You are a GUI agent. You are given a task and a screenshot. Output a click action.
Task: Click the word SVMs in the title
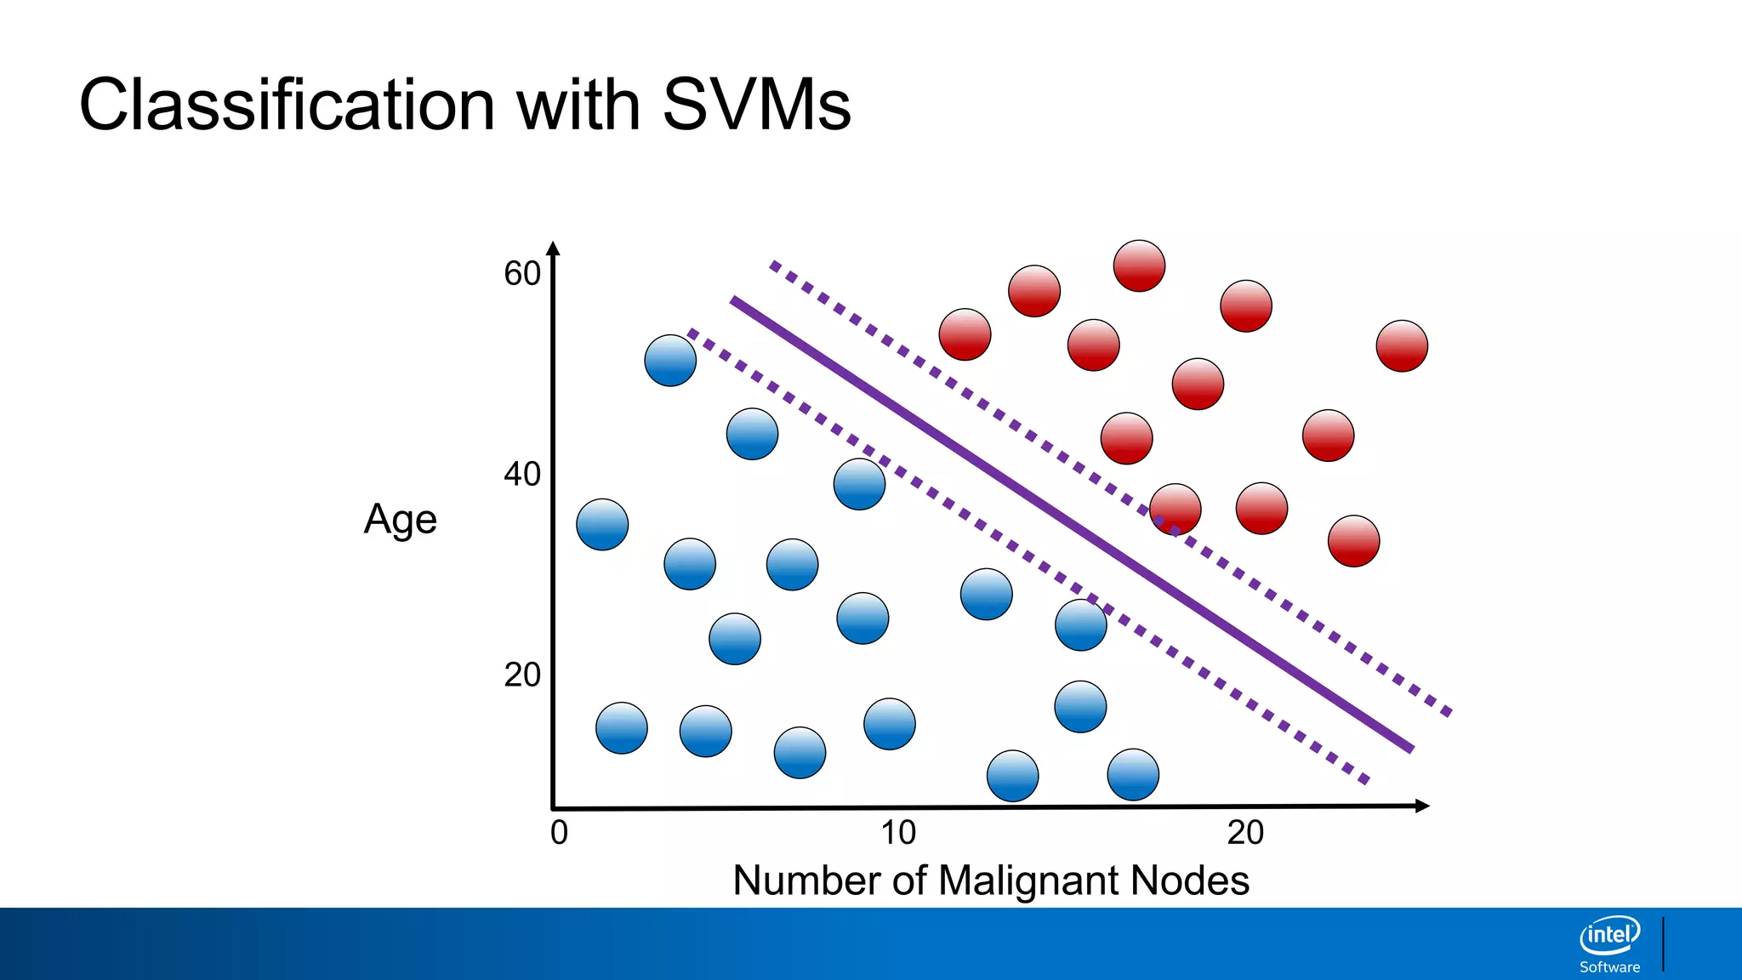click(x=756, y=105)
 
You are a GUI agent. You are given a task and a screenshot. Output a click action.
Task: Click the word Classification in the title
click(x=287, y=105)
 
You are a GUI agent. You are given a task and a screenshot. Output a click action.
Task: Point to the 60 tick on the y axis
click(x=521, y=274)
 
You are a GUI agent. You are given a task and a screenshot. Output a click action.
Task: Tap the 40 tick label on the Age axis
click(x=521, y=474)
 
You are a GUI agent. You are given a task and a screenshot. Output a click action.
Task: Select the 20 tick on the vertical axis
click(x=521, y=675)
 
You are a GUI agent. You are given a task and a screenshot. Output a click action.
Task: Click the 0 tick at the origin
click(x=559, y=832)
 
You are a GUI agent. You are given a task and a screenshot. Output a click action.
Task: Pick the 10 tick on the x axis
click(x=898, y=832)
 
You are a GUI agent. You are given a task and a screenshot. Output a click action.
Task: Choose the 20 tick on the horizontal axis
click(x=1245, y=832)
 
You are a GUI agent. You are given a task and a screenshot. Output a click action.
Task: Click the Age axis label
click(x=400, y=519)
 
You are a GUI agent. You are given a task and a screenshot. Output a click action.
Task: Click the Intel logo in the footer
click(x=1609, y=936)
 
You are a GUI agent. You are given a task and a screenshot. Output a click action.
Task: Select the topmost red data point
click(x=1139, y=265)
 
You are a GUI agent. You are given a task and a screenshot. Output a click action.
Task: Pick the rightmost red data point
click(x=1402, y=345)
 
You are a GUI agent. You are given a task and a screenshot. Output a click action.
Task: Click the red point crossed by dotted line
click(x=1176, y=510)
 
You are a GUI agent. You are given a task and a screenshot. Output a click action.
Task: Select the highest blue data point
click(x=670, y=361)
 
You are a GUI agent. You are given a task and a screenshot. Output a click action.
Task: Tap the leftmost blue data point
click(x=602, y=525)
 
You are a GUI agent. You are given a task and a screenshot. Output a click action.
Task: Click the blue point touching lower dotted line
click(x=1080, y=624)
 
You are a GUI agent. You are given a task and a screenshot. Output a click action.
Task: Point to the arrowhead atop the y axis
click(x=554, y=248)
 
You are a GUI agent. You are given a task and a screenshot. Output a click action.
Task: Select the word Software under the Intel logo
click(x=1609, y=967)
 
